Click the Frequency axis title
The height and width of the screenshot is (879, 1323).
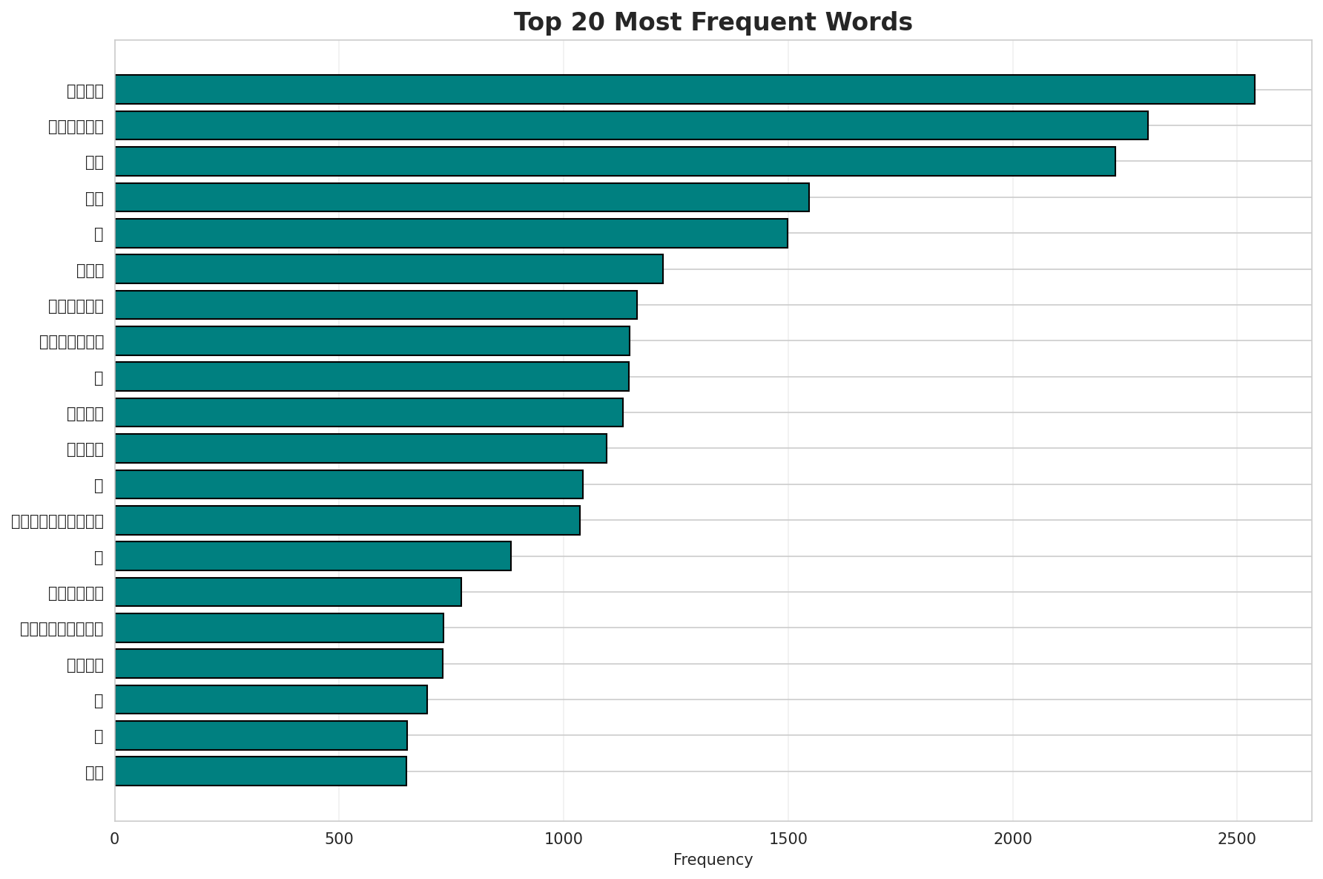[x=713, y=860]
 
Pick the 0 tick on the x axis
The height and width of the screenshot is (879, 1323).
[x=115, y=838]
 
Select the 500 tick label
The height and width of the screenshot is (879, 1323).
[x=339, y=838]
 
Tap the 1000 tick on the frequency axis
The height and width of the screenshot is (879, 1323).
[x=563, y=838]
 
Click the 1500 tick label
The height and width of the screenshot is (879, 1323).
[x=788, y=838]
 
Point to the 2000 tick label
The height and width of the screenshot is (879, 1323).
[x=1012, y=838]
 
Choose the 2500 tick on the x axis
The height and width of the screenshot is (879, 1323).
[x=1236, y=838]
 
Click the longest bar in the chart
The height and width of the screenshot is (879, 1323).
[x=684, y=89]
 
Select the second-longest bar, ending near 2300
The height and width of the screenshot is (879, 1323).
[x=631, y=125]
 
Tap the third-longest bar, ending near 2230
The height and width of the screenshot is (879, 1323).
[x=615, y=161]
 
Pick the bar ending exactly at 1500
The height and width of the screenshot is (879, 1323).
[x=451, y=233]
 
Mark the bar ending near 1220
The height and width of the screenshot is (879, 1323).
[x=389, y=269]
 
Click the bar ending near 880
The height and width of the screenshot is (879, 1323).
[x=313, y=556]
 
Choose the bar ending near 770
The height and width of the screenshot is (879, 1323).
[x=288, y=592]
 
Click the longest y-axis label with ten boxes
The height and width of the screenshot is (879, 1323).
[x=57, y=521]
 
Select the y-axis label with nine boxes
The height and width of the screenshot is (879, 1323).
[x=62, y=628]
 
